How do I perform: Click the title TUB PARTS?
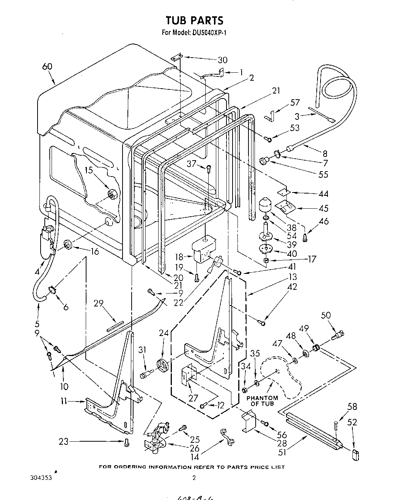(x=194, y=20)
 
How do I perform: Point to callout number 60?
(x=47, y=67)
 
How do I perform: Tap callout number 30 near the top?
(x=222, y=60)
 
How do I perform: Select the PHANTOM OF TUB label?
(x=262, y=401)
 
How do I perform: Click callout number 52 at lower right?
(x=352, y=422)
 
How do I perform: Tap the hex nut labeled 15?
(x=112, y=194)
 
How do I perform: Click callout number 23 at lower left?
(x=64, y=441)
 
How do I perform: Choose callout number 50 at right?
(x=326, y=315)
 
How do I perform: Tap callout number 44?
(x=323, y=194)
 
